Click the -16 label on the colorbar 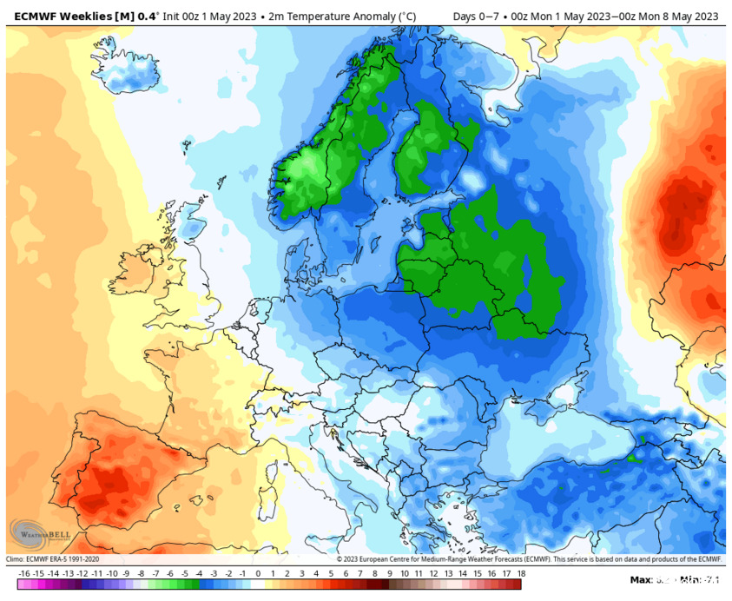coord(23,574)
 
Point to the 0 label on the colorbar coord(258,574)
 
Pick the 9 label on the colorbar coord(389,574)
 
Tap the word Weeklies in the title coord(96,16)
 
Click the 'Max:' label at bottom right coord(641,579)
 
